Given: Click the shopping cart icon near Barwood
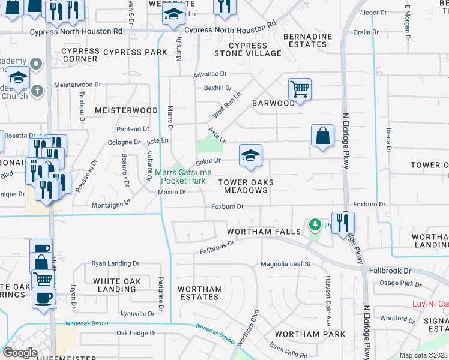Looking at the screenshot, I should click(299, 89).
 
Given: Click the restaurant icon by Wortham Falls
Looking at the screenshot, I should click(342, 222).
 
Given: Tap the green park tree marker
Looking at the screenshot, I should click(313, 225).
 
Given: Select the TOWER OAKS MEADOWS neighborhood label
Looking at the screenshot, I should click(246, 186).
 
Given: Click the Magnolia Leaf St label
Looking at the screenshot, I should click(285, 264).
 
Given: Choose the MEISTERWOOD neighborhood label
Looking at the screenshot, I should click(126, 110).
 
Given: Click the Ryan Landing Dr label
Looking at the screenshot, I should click(115, 263).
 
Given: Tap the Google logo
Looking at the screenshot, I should click(20, 353).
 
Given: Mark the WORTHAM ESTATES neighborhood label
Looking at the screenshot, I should click(200, 293).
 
